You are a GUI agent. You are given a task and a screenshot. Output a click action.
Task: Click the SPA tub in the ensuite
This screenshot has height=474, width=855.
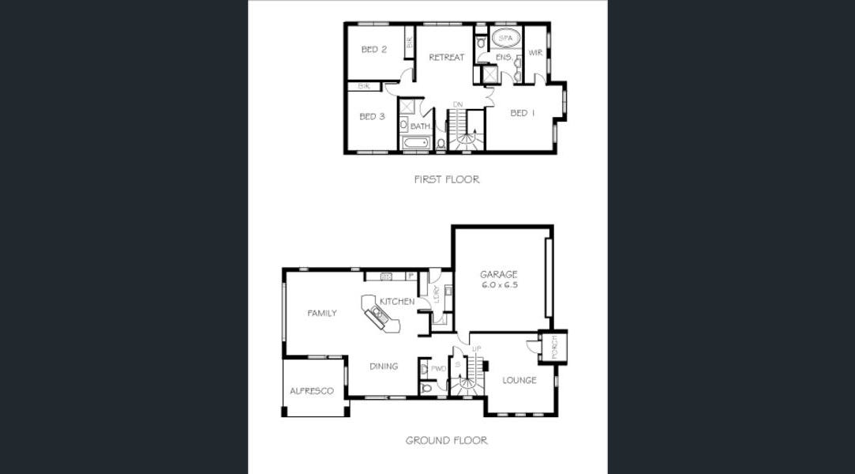(505, 37)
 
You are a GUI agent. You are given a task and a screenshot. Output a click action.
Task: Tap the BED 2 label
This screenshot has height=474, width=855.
(373, 50)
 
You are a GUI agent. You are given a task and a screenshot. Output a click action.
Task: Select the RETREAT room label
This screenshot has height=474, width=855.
(446, 57)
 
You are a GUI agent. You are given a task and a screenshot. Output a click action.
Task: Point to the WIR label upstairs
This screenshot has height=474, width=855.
(535, 53)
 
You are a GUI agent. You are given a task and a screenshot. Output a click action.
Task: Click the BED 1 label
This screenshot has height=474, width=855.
(523, 113)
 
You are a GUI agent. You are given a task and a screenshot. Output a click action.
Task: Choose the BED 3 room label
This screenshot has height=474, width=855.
(372, 117)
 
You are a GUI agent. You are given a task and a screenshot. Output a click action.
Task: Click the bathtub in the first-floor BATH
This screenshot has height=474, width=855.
(415, 143)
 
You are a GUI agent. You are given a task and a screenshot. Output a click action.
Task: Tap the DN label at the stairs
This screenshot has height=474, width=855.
(457, 104)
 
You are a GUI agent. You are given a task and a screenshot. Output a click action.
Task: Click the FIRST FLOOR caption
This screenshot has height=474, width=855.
(446, 179)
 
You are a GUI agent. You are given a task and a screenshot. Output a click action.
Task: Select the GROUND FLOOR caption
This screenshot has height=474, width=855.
(446, 440)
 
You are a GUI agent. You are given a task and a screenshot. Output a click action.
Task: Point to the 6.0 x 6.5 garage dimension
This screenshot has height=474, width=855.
(499, 284)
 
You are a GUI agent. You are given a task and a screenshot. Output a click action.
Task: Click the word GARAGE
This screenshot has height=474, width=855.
(499, 274)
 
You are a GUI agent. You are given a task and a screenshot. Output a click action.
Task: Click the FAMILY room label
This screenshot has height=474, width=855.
(322, 314)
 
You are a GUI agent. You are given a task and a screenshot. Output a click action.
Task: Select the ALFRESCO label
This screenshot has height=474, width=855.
(312, 391)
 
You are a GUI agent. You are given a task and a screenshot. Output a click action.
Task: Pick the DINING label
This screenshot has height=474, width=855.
(384, 367)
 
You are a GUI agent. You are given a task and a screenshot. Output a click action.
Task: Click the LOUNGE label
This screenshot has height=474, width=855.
(519, 380)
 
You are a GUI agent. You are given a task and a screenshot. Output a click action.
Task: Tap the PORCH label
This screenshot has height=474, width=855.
(554, 347)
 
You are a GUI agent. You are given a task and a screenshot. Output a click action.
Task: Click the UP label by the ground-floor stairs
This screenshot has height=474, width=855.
(476, 348)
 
